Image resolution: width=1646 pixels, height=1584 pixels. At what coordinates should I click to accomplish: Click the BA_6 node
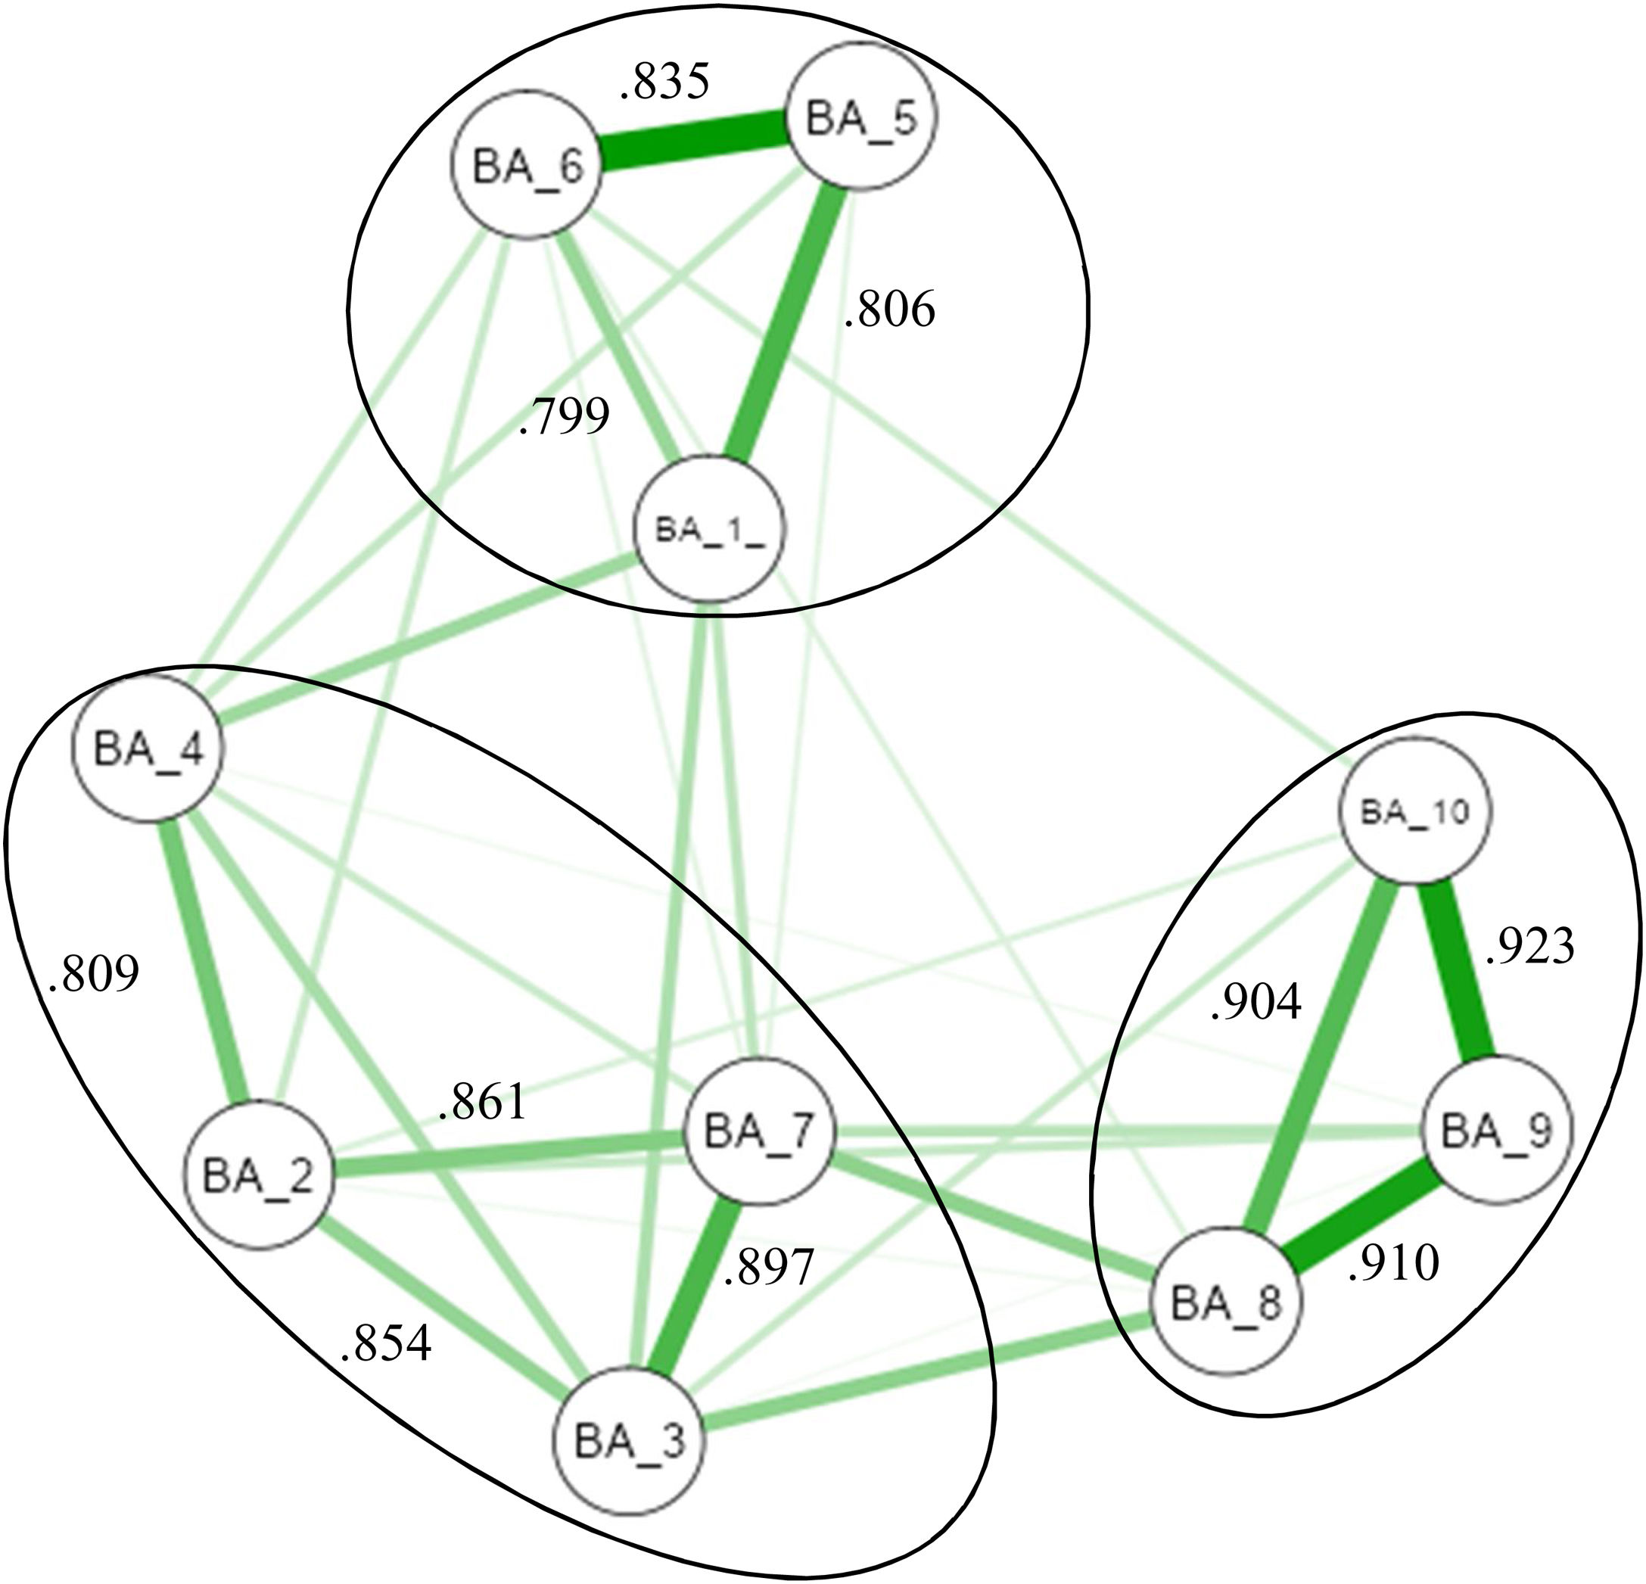tap(527, 166)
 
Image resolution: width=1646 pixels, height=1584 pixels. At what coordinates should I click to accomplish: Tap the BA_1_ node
tap(711, 529)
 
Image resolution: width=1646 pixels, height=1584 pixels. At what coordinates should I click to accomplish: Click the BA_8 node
tap(1225, 1302)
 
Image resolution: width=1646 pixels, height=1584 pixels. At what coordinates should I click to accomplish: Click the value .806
tap(890, 310)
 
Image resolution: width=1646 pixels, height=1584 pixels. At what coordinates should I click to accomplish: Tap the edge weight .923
tap(1529, 947)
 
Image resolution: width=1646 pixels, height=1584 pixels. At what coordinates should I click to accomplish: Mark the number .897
tap(768, 1268)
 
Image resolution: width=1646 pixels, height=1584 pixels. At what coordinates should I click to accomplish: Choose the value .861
tap(483, 1101)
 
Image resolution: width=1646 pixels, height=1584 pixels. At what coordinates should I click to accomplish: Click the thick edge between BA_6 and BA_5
tap(692, 142)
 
